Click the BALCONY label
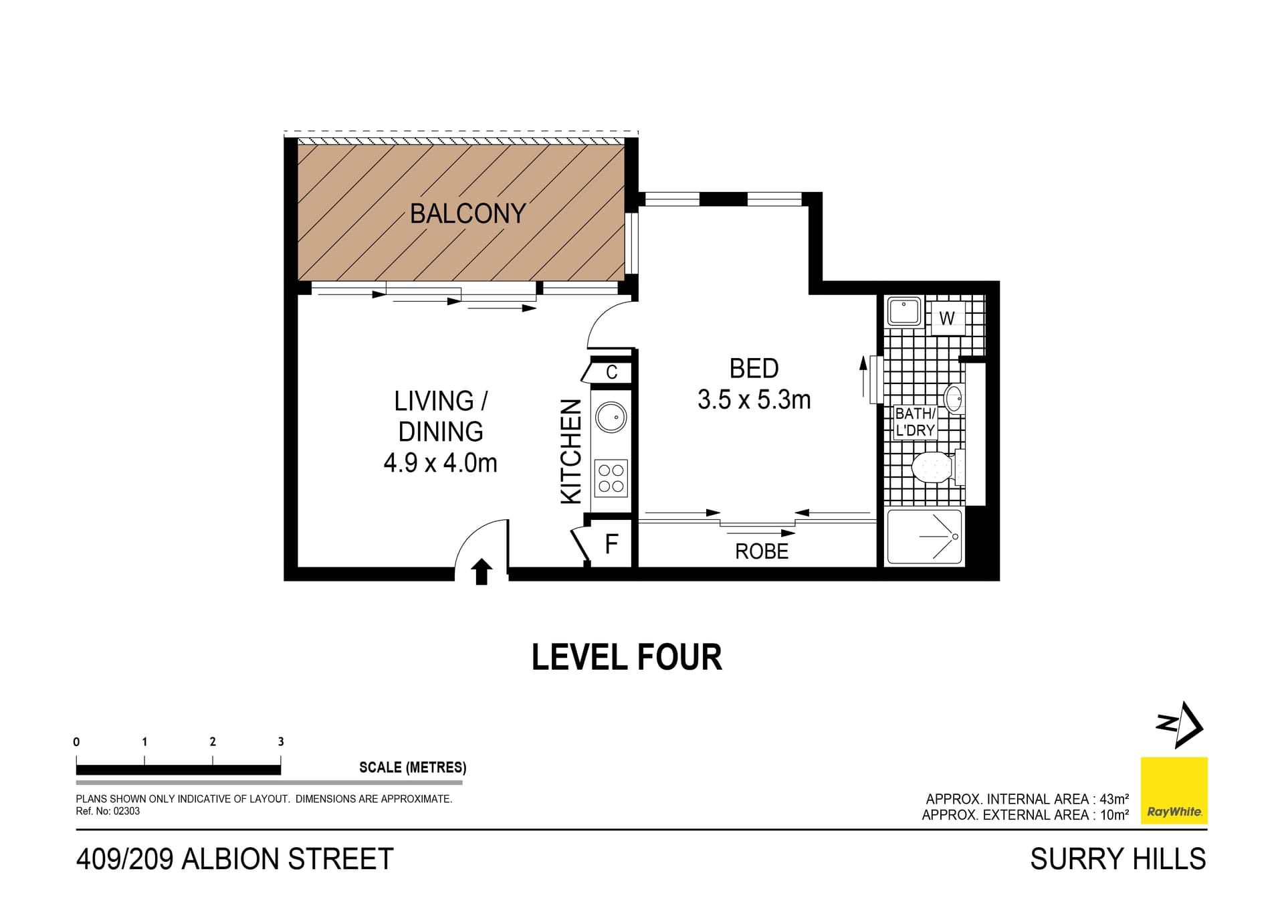(467, 213)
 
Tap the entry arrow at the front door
(481, 572)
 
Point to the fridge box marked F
(611, 544)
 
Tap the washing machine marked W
(946, 319)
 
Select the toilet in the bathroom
(933, 467)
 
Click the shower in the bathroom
(924, 537)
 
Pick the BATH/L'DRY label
(915, 422)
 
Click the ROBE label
(762, 551)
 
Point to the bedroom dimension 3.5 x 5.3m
(754, 400)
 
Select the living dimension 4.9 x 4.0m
(440, 463)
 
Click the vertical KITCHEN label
(571, 452)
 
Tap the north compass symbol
(1180, 725)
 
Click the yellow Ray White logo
(1174, 790)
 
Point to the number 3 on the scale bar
(281, 741)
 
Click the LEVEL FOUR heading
(627, 657)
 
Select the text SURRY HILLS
(1117, 858)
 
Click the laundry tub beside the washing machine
(904, 312)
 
